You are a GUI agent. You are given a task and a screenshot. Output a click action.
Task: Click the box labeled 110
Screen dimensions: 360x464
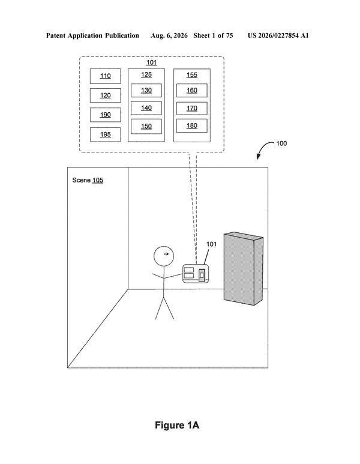(x=106, y=76)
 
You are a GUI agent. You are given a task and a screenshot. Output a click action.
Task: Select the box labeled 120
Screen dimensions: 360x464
(x=106, y=95)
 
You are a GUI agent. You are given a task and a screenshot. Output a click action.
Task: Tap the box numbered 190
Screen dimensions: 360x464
(x=106, y=115)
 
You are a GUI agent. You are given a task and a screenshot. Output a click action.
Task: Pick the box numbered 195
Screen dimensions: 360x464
(x=106, y=134)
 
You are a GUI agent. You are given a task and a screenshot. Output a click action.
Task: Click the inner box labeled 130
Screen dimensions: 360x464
(x=146, y=90)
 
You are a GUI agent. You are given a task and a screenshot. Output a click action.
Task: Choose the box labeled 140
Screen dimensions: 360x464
(x=146, y=108)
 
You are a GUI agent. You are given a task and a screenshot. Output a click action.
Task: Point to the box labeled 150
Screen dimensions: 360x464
(x=146, y=127)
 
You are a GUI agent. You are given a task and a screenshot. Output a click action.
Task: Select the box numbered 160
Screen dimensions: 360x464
(x=192, y=90)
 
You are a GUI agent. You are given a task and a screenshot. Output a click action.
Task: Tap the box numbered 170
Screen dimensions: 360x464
(x=192, y=108)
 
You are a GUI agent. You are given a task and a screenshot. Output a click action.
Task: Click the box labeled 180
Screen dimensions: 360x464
(x=192, y=126)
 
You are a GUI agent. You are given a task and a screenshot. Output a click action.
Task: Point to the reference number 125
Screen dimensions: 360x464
(x=146, y=74)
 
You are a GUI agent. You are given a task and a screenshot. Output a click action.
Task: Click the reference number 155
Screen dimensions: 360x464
(x=192, y=75)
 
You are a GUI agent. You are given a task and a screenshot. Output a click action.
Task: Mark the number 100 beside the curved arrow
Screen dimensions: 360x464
(x=281, y=143)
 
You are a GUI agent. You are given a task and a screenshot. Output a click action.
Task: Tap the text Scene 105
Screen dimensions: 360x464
(x=88, y=180)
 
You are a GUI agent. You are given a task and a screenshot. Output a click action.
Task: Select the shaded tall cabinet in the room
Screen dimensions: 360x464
(x=244, y=269)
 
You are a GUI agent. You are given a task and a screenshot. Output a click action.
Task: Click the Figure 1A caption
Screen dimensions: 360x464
(x=177, y=425)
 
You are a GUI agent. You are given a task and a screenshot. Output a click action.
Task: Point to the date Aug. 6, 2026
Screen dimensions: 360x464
(x=169, y=36)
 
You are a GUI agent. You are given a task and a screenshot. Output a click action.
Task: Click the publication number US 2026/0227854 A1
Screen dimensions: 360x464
(x=278, y=36)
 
